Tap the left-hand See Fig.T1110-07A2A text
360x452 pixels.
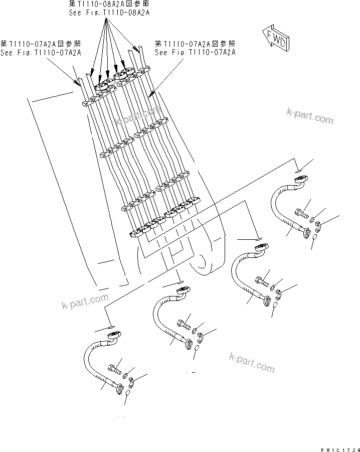pyautogui.click(x=41, y=52)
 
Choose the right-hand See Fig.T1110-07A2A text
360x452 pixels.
pyautogui.click(x=195, y=52)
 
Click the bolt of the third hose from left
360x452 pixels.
pyautogui.click(x=261, y=282)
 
